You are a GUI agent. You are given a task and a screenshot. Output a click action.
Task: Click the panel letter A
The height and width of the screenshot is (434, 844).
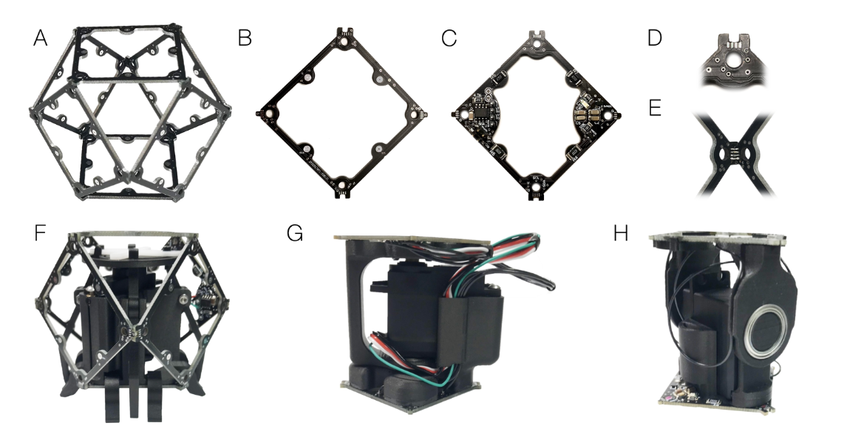[x=40, y=38]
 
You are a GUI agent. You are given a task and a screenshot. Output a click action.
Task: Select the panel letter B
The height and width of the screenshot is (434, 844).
[x=245, y=38]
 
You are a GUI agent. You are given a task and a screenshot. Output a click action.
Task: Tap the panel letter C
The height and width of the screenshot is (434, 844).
[x=449, y=38]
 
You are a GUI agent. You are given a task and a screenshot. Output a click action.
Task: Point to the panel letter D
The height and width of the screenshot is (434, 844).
[x=655, y=38]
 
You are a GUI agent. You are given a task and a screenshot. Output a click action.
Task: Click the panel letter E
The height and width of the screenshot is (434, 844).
[x=655, y=108]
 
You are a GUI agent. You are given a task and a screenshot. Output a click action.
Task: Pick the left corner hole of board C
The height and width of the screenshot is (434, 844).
[x=462, y=114]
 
